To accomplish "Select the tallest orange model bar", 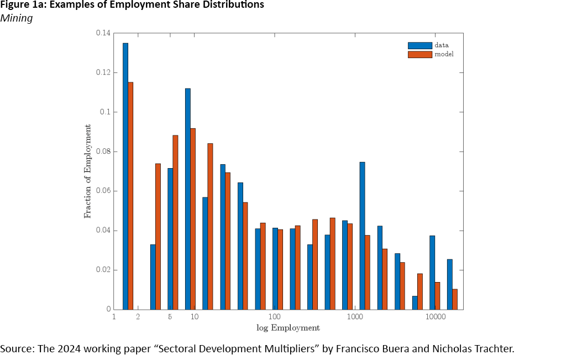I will (130, 196).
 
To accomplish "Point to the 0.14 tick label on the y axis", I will (103, 33).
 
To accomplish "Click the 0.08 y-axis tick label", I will (103, 152).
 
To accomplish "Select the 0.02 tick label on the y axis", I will (103, 270).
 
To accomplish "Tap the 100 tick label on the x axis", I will (275, 317).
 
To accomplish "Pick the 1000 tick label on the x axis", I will (355, 317).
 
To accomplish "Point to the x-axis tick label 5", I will (170, 317).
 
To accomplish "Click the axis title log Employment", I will (288, 328).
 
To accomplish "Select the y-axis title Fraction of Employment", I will (88, 171).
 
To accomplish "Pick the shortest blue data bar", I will (415, 302).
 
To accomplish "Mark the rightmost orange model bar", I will (455, 299).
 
